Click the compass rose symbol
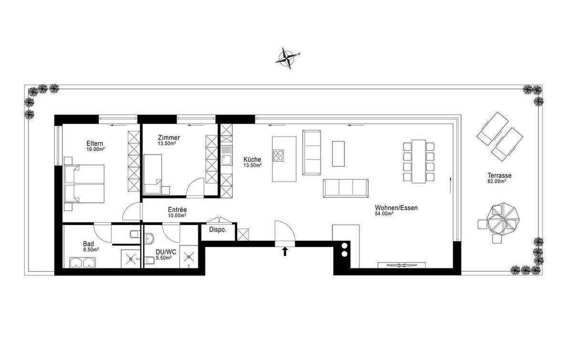pos(287,59)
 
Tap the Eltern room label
pos(95,143)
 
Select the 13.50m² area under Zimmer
pos(167,143)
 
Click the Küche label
pos(252,159)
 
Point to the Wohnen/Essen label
pos(396,208)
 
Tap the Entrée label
pos(177,210)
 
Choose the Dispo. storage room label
pos(218,230)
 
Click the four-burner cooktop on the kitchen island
pos(278,156)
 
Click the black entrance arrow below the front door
pos(285,251)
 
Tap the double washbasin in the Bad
pos(83,263)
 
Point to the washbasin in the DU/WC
pos(149,238)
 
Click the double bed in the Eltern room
pos(85,184)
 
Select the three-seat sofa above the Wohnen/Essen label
pos(346,188)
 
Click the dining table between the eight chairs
pos(419,161)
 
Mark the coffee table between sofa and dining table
pos(339,154)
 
